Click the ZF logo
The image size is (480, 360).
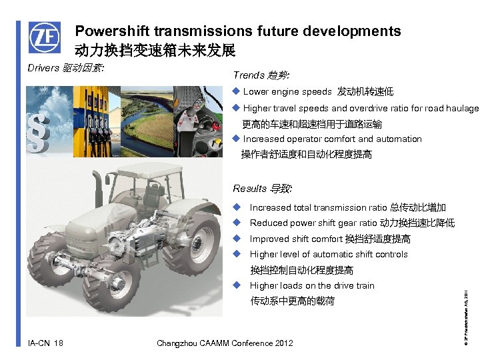click(44, 38)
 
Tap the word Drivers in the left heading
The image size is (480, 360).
click(43, 68)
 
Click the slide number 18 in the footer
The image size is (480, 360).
click(58, 343)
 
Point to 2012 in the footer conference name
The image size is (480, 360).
click(282, 343)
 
